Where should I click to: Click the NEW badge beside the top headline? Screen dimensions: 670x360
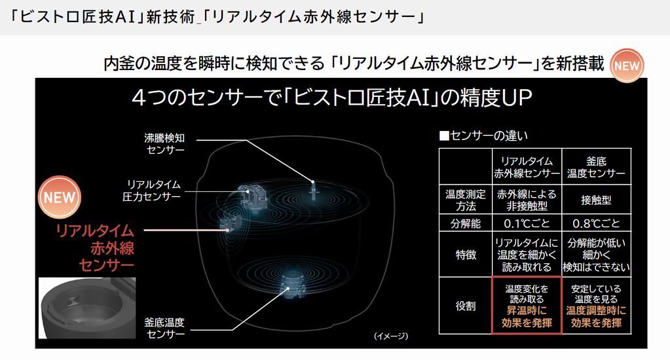point(626,65)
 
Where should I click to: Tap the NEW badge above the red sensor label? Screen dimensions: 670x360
point(60,197)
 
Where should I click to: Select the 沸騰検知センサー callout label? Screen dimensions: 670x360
point(165,143)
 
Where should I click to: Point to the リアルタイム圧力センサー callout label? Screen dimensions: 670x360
point(152,190)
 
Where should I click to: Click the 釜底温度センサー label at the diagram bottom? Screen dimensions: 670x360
point(165,328)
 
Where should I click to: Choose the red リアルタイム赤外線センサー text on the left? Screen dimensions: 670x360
point(95,248)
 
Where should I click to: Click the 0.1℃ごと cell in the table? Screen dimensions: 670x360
point(527,223)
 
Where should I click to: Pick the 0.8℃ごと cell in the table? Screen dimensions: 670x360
point(597,223)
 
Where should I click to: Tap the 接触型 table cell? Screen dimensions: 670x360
point(597,200)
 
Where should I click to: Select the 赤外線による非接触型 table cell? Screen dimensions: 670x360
point(527,200)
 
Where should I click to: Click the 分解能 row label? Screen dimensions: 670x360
point(465,223)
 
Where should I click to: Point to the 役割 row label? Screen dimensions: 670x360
point(465,306)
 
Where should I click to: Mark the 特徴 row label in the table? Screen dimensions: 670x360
point(465,255)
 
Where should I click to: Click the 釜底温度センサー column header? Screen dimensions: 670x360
point(597,166)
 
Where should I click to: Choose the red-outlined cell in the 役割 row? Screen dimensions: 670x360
point(527,305)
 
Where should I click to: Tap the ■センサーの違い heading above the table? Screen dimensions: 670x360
point(483,135)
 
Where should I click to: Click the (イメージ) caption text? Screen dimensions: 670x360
point(390,336)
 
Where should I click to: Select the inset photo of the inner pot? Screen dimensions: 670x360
point(87,308)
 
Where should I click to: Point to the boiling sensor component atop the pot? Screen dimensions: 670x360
point(313,189)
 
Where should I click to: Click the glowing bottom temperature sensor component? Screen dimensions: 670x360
point(292,283)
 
